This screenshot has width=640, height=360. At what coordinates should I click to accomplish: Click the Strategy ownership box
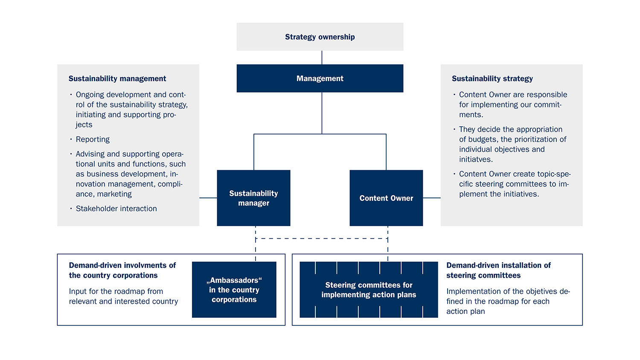pos(320,37)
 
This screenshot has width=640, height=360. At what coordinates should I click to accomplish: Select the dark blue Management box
pos(320,78)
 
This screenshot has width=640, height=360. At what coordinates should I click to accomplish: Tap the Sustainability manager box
pos(253,198)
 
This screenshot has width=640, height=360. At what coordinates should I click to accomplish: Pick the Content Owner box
pos(386,198)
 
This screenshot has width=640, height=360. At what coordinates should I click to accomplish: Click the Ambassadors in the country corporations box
pos(234,290)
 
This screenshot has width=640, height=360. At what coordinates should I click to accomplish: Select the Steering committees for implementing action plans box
pos(369,290)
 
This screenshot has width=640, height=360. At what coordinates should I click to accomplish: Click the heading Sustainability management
pos(117,78)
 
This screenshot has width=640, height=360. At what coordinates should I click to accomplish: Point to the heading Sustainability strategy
pos(492,78)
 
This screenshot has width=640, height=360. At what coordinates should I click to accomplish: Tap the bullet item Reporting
pos(93,139)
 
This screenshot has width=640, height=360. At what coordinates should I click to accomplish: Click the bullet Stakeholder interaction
pos(116,209)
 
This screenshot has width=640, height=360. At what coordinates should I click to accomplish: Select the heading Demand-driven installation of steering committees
pos(498,270)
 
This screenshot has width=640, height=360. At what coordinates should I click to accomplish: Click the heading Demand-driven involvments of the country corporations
pos(122,270)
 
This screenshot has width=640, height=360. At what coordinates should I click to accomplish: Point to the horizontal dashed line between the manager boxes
pos(322,238)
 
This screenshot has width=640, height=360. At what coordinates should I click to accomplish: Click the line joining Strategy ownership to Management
pos(322,58)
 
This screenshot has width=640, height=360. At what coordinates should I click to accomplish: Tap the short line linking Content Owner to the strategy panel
pos(432,198)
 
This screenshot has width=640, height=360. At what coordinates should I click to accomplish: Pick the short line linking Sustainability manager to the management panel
pos(208,198)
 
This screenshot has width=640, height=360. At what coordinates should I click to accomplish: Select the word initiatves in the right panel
pos(476,160)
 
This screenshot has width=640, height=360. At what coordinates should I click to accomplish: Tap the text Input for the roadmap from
pos(116,291)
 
